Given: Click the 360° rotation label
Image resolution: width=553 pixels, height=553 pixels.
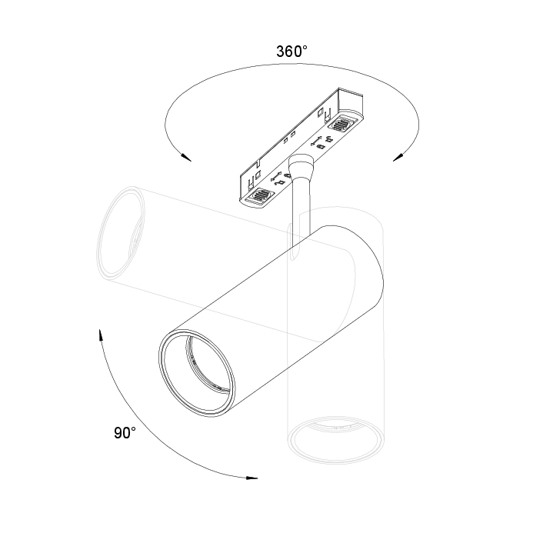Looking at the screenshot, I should pyautogui.click(x=291, y=52).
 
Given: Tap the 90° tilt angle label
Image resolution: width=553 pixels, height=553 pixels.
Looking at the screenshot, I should pyautogui.click(x=125, y=433).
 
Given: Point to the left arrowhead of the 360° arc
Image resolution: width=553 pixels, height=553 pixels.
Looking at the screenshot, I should pyautogui.click(x=186, y=157).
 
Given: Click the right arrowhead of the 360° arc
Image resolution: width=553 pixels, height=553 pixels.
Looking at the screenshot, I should pyautogui.click(x=398, y=157).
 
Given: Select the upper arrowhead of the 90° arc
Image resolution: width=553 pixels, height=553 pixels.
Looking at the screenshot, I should pyautogui.click(x=100, y=335).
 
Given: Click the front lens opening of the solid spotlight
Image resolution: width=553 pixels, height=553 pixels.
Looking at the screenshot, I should pyautogui.click(x=197, y=372).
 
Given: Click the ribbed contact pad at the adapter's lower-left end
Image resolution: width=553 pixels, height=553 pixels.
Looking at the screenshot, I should pyautogui.click(x=262, y=195).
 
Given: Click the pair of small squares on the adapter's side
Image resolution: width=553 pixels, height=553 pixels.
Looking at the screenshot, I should pyautogui.click(x=288, y=139).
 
